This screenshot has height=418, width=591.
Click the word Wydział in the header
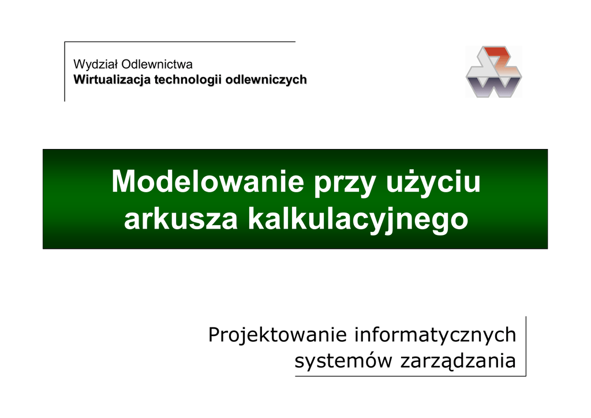pyautogui.click(x=96, y=65)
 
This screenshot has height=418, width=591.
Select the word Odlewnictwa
pyautogui.click(x=157, y=65)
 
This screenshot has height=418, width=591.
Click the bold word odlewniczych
pyautogui.click(x=266, y=80)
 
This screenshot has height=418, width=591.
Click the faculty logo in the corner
pyautogui.click(x=494, y=72)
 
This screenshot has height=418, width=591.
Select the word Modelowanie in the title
pyautogui.click(x=208, y=182)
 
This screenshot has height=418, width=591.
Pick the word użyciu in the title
pyautogui.click(x=433, y=183)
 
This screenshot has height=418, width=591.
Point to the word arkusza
pyautogui.click(x=181, y=220)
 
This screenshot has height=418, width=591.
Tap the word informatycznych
pyautogui.click(x=435, y=335)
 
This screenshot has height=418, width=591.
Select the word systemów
pyautogui.click(x=344, y=361)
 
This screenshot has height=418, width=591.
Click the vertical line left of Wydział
pyautogui.click(x=65, y=72)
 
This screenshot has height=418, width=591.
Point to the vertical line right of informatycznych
pyautogui.click(x=526, y=346)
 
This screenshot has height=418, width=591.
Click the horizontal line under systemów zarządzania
pyautogui.click(x=410, y=376)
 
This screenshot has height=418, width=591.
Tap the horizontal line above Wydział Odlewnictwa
pyautogui.click(x=180, y=42)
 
